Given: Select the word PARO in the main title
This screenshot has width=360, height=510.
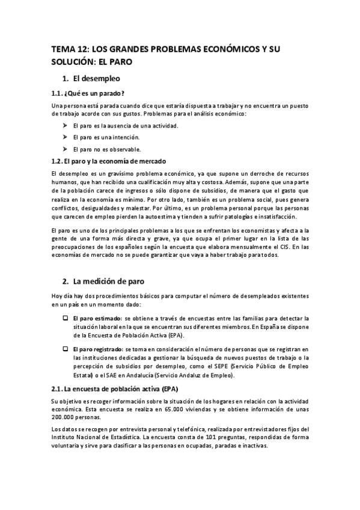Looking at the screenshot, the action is (118, 61).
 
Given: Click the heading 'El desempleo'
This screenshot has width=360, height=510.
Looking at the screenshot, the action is (96, 78).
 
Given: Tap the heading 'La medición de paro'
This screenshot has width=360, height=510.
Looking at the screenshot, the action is (108, 281).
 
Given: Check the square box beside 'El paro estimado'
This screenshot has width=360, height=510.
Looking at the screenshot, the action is (65, 318).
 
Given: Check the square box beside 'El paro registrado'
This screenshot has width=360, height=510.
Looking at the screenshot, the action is (65, 349).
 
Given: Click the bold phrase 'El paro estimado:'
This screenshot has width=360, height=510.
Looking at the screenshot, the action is (97, 318).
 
